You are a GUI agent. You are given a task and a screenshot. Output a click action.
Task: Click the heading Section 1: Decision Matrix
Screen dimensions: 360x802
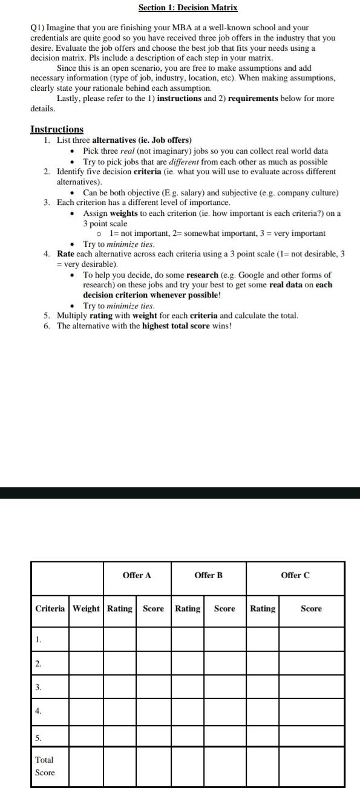(188, 8)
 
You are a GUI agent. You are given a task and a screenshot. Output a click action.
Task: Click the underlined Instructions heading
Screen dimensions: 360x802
(57, 129)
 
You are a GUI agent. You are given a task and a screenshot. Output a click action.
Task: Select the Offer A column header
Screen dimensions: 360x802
(137, 575)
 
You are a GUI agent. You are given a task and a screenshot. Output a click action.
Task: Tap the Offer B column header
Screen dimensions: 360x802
(208, 575)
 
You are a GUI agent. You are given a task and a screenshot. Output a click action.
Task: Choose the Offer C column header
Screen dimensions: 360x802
(295, 575)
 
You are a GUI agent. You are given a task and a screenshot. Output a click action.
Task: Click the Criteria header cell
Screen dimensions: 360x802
(50, 608)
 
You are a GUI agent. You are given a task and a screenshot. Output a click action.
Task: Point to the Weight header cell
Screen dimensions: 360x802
(87, 608)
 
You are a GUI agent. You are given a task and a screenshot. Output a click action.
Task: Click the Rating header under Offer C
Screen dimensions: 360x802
(263, 608)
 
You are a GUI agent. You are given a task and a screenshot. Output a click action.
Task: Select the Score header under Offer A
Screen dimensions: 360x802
(153, 608)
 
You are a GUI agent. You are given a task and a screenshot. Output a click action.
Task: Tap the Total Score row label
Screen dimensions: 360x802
(45, 766)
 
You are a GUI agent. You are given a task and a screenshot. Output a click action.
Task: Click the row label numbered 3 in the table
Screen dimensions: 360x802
(38, 687)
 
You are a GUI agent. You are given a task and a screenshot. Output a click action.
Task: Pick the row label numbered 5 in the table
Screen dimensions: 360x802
(38, 738)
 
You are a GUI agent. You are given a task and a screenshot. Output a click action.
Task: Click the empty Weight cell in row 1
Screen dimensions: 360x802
(87, 639)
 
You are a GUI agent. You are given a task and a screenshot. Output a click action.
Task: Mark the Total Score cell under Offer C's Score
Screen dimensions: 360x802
(311, 766)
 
